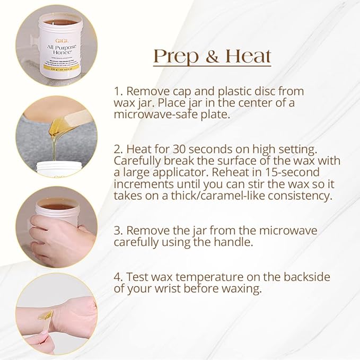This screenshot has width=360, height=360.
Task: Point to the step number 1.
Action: [x=117, y=91]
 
